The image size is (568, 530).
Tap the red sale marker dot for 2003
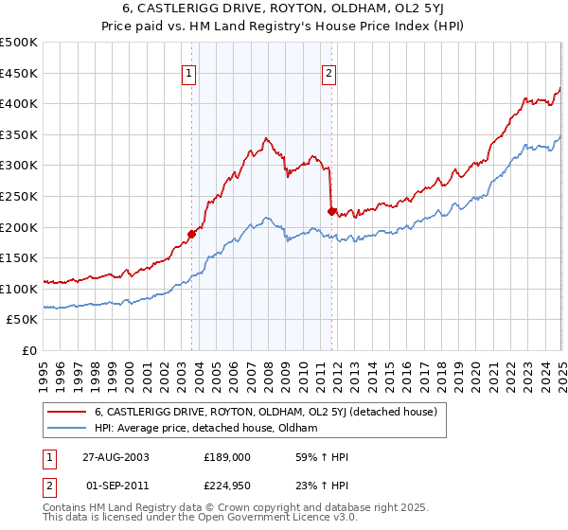(x=191, y=233)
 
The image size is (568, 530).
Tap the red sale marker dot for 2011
(x=331, y=211)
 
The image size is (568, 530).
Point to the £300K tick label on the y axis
(x=19, y=166)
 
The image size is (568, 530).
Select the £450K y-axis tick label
(x=19, y=73)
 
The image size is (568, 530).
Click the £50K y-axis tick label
(x=23, y=320)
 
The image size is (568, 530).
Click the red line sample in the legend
(x=66, y=412)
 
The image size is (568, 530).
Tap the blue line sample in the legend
(x=66, y=429)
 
